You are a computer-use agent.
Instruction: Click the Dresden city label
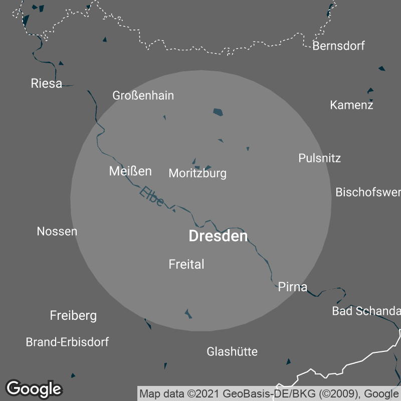tap(218, 236)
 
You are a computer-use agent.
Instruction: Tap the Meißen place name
tap(130, 171)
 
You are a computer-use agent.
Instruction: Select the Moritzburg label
tap(197, 173)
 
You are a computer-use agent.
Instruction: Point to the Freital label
tap(186, 264)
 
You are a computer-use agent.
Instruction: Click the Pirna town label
tap(292, 287)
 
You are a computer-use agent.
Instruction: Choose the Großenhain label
tap(143, 95)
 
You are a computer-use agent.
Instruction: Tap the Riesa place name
tap(47, 83)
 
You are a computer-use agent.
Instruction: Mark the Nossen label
tap(57, 232)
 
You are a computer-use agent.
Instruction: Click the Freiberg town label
tap(73, 316)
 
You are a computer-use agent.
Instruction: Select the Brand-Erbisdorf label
tap(67, 342)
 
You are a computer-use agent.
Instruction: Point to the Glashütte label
tap(232, 352)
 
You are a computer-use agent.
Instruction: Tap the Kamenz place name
tap(351, 105)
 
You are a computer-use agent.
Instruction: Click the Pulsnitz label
tap(319, 158)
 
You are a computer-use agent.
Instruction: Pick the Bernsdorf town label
tap(338, 46)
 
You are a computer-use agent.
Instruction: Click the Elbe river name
tap(152, 196)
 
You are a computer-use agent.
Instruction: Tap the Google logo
tap(34, 388)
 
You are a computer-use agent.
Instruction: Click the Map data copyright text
tap(269, 393)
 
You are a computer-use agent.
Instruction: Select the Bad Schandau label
tap(366, 311)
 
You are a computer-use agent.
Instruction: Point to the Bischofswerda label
tap(368, 192)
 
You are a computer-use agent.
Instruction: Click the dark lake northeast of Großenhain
tap(218, 112)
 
